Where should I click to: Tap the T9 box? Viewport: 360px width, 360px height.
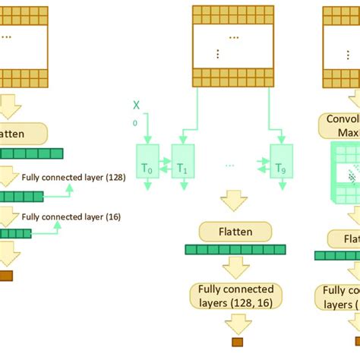pos(280,161)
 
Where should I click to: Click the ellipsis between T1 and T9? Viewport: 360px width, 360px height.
pos(230,163)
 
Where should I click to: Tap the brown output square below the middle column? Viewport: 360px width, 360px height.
pos(237,342)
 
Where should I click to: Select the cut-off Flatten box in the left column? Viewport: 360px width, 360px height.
pos(22,134)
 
